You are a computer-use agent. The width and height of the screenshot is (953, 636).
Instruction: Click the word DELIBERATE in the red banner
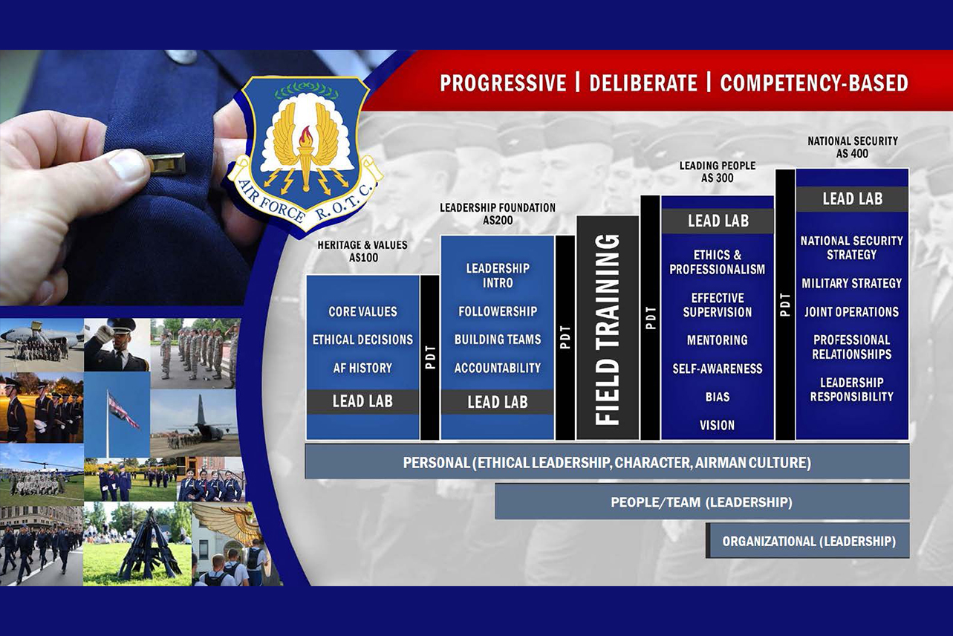point(643,82)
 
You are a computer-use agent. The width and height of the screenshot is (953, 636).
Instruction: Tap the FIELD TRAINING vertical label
point(608,329)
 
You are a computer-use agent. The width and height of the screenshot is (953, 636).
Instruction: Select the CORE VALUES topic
point(362,311)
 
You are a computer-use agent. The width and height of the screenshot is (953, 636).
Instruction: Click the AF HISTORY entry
point(362,368)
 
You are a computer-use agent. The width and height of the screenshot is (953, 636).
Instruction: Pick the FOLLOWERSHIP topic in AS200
point(498,311)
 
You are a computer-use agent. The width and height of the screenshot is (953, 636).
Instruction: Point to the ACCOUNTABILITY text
point(498,367)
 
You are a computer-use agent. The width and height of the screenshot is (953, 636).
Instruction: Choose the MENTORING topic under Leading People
point(718,340)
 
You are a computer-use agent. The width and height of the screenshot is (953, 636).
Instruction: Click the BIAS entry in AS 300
point(718,397)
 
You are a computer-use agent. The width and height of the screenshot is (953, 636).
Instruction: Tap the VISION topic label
point(718,425)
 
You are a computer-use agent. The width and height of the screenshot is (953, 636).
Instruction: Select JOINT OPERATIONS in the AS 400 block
point(852,311)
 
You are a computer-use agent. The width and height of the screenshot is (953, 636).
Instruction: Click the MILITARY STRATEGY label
point(852,283)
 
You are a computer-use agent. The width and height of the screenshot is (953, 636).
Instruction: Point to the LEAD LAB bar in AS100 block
point(362,401)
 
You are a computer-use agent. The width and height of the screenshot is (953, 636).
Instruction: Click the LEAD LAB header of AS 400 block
point(853,199)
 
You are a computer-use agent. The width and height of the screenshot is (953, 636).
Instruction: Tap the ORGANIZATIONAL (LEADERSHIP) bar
point(808,541)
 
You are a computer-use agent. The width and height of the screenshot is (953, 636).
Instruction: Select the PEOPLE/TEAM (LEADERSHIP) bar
point(702,502)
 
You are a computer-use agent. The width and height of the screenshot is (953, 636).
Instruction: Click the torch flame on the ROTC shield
point(305,136)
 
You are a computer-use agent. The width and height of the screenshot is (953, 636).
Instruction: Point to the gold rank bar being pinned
point(166,163)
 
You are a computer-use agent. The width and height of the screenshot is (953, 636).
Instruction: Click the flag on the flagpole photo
point(123,411)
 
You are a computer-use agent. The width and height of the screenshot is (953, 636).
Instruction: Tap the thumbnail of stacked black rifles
point(137,544)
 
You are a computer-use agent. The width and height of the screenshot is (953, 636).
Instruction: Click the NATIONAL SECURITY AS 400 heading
point(853,147)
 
